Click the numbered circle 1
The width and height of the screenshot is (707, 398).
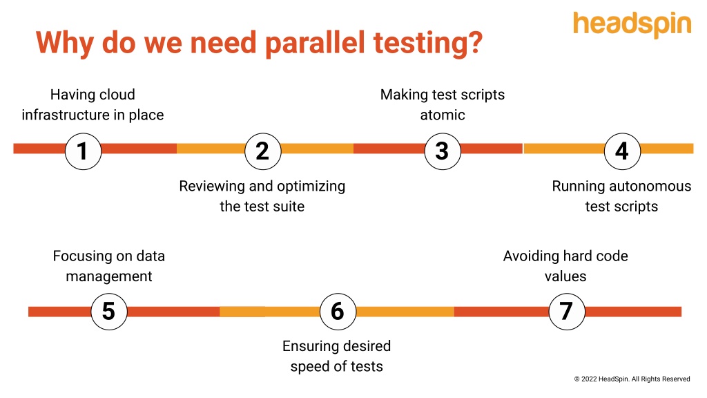click(x=83, y=151)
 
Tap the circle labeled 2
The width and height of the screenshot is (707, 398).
click(x=262, y=151)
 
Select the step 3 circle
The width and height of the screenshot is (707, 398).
click(x=442, y=151)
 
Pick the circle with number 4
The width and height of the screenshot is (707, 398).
click(x=621, y=151)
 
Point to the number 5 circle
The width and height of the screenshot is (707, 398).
click(x=108, y=311)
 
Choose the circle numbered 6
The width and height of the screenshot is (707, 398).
click(x=337, y=311)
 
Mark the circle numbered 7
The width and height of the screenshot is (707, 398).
click(x=566, y=311)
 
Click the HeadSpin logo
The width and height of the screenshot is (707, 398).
click(x=632, y=24)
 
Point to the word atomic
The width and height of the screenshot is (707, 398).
click(x=443, y=115)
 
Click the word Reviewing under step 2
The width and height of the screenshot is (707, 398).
click(x=211, y=187)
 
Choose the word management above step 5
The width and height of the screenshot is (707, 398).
click(x=108, y=276)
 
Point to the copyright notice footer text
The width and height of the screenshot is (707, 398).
click(x=632, y=379)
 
